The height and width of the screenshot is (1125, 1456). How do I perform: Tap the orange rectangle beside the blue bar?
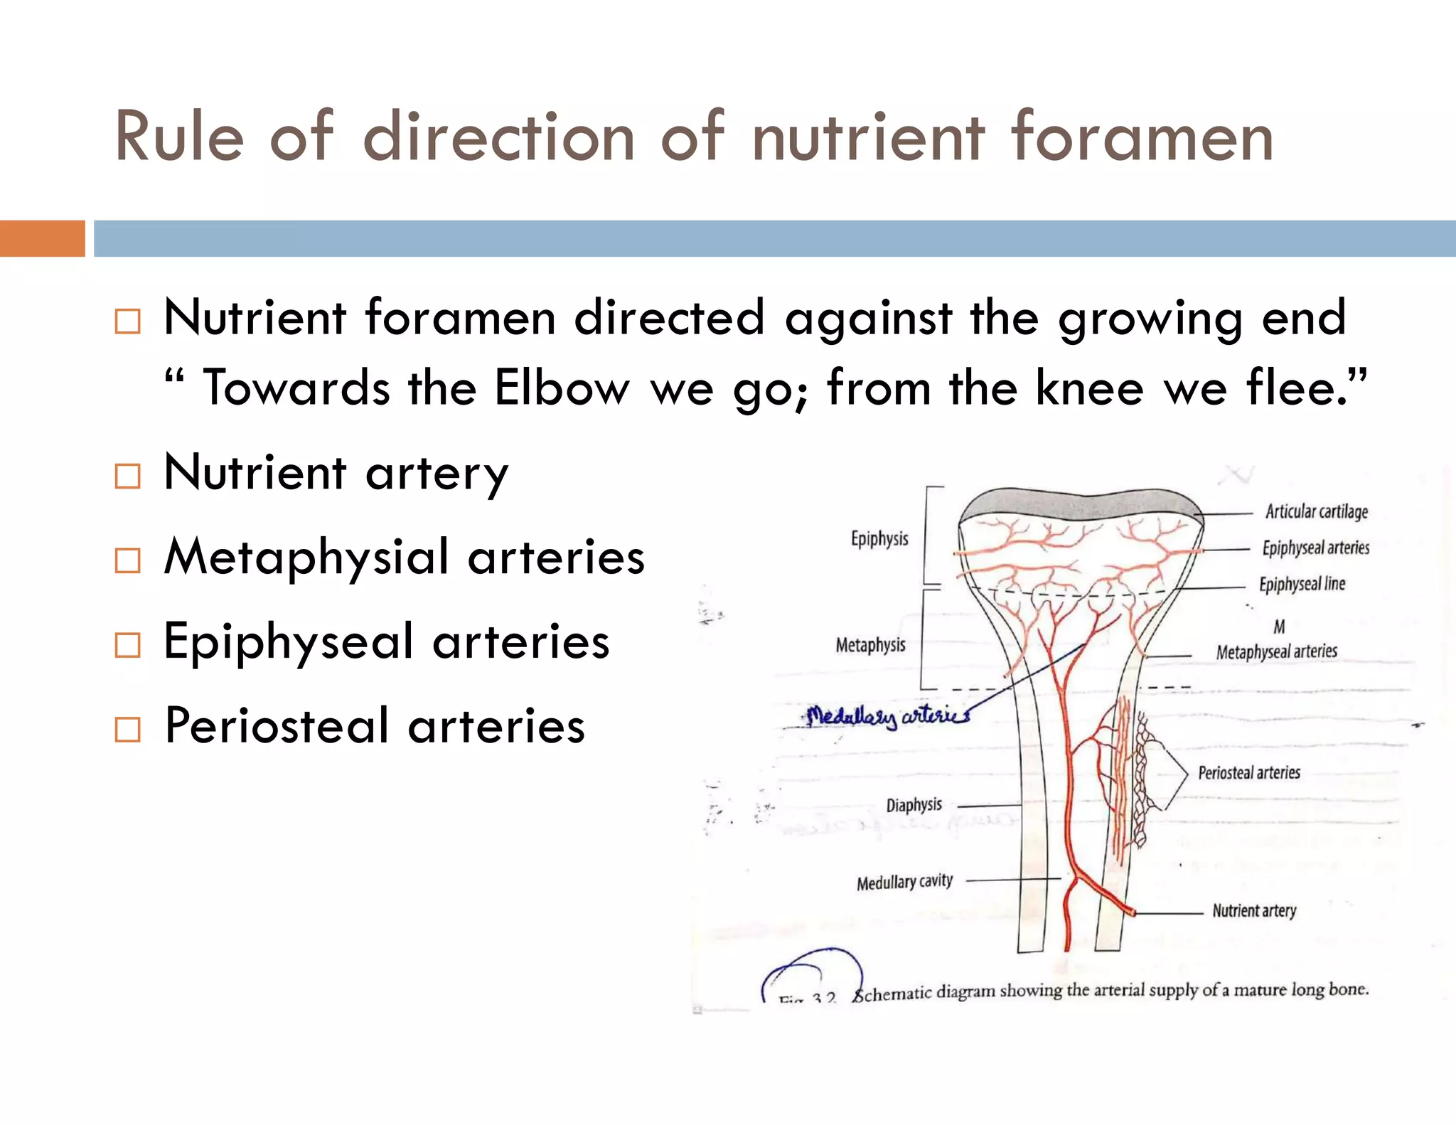pyautogui.click(x=42, y=238)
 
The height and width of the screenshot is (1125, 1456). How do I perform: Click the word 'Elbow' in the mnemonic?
pyautogui.click(x=562, y=388)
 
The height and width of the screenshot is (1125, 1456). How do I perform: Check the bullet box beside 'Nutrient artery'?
pyautogui.click(x=128, y=476)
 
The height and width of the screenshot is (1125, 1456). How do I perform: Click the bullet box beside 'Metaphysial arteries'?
pyautogui.click(x=128, y=560)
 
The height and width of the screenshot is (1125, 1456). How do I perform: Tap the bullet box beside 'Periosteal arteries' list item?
pyautogui.click(x=128, y=730)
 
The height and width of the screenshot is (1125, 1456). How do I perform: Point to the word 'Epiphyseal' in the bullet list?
pyautogui.click(x=289, y=642)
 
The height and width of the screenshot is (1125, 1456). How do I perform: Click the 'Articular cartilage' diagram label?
pyautogui.click(x=1317, y=512)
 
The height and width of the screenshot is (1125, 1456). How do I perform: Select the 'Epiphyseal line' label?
pyautogui.click(x=1302, y=585)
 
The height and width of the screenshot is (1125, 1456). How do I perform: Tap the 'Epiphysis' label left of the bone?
pyautogui.click(x=879, y=539)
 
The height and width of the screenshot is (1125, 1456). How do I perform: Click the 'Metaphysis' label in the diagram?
pyautogui.click(x=870, y=646)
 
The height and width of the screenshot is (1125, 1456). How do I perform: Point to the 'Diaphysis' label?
pyautogui.click(x=914, y=805)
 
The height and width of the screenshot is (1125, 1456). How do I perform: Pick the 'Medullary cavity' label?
pyautogui.click(x=904, y=883)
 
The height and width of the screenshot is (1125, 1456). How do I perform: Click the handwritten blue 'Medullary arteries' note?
pyautogui.click(x=888, y=716)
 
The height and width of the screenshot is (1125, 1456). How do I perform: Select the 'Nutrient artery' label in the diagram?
pyautogui.click(x=1254, y=911)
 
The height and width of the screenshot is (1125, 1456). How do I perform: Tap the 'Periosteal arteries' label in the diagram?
pyautogui.click(x=1249, y=773)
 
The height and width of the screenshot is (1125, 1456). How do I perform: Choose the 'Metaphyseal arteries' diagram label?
pyautogui.click(x=1276, y=652)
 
